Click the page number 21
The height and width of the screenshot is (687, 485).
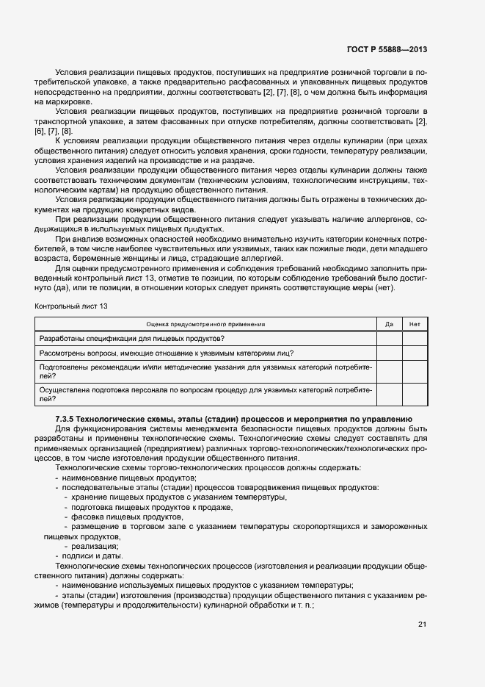[422, 624]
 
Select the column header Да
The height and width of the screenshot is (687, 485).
[389, 324]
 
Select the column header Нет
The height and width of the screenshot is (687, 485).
[415, 324]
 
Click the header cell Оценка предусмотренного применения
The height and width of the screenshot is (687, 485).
[205, 324]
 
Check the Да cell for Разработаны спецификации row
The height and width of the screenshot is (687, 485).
[389, 338]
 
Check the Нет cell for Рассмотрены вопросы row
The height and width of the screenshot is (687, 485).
[415, 353]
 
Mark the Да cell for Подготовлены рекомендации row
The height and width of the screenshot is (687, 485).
[389, 370]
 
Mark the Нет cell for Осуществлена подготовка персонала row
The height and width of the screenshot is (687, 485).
[415, 395]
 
